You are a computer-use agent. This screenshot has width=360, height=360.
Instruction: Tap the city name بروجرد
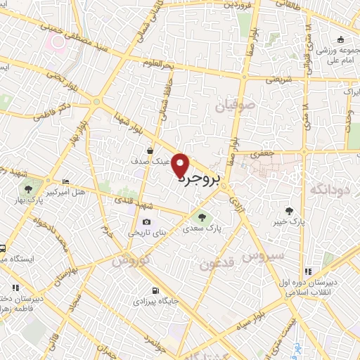pos(199,179)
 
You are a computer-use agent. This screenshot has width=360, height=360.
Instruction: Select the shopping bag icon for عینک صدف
pos(150,150)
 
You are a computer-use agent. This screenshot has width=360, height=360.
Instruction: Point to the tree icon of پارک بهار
pos(29,188)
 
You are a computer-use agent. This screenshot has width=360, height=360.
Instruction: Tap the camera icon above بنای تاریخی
pos(146,222)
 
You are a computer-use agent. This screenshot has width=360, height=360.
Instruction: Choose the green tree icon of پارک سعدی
pos(203,217)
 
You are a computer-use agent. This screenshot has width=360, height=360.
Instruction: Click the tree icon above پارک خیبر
pos(289,210)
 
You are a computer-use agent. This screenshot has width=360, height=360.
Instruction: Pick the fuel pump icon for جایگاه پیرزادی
pos(155,290)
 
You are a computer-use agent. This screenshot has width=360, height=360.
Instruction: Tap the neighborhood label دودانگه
pos(330,188)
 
